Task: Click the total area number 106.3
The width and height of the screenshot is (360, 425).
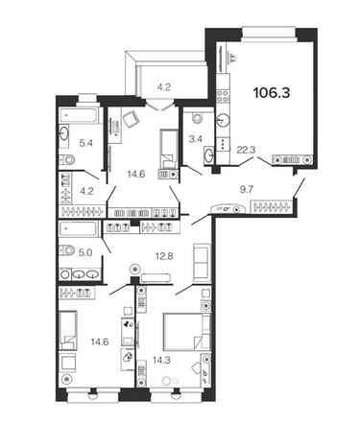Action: click(272, 93)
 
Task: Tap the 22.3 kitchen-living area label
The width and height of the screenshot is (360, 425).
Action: click(246, 150)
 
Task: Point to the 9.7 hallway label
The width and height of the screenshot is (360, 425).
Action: click(247, 189)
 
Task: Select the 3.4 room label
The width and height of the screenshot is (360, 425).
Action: click(195, 139)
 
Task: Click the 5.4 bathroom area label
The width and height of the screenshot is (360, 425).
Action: click(86, 143)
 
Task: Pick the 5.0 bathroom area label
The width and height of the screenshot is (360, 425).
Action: click(85, 253)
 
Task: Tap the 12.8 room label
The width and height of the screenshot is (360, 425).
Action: click(164, 256)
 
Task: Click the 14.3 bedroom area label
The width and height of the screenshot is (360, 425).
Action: click(161, 361)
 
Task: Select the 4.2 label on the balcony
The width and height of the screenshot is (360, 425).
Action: click(164, 87)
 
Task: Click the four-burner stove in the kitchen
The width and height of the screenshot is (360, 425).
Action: click(223, 96)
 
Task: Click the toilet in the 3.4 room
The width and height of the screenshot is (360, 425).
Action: click(197, 117)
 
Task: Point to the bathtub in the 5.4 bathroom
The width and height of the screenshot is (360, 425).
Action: click(79, 115)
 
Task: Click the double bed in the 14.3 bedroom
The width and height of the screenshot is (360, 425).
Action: click(187, 332)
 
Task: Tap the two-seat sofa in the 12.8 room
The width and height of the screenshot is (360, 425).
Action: click(202, 261)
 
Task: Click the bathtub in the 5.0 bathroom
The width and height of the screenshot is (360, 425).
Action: click(78, 229)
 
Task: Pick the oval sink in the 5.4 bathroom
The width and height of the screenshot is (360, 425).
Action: click(63, 133)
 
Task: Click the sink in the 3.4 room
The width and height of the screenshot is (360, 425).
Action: click(209, 155)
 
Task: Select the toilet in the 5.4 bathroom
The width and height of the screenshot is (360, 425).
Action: click(67, 159)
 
